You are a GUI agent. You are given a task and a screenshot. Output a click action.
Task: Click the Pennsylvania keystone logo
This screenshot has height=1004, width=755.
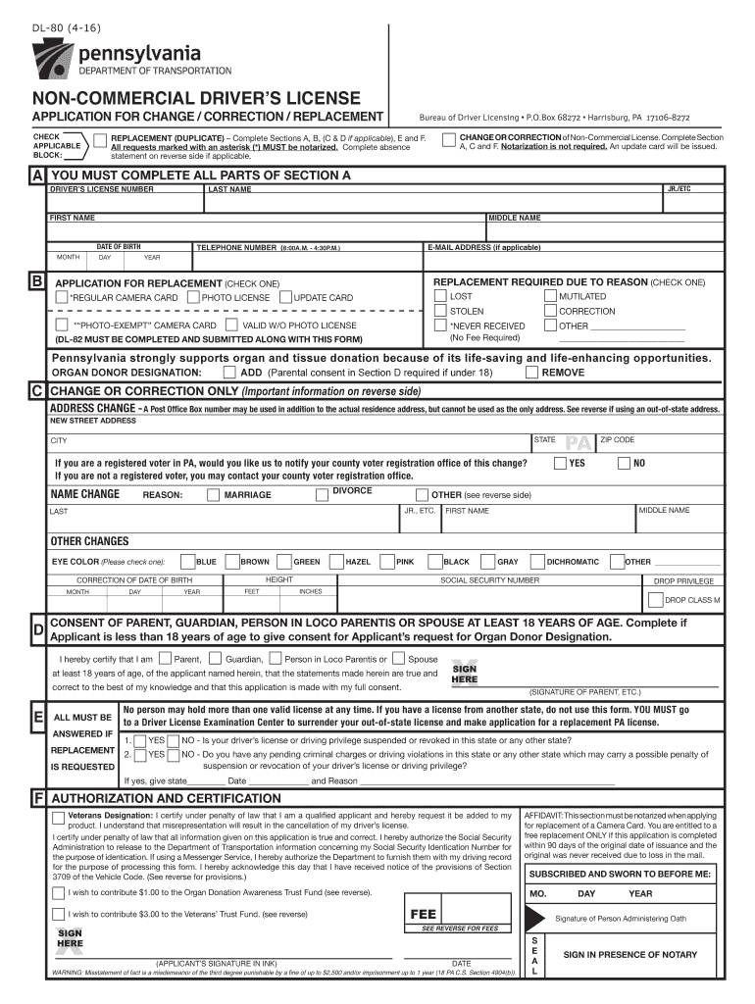pyautogui.click(x=56, y=60)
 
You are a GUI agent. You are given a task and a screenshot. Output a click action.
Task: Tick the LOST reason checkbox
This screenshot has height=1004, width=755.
pyautogui.click(x=440, y=296)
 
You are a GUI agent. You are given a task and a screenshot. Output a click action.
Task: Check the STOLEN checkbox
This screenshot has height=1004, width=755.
pyautogui.click(x=440, y=312)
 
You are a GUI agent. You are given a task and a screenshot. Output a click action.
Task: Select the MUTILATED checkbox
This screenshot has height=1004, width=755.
pyautogui.click(x=550, y=296)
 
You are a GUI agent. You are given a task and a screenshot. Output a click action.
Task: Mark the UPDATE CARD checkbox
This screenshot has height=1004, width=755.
pyautogui.click(x=286, y=297)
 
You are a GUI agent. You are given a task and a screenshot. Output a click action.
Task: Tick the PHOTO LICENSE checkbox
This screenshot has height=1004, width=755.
pyautogui.click(x=194, y=297)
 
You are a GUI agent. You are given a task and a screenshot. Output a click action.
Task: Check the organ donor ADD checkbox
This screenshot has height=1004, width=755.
pyautogui.click(x=229, y=373)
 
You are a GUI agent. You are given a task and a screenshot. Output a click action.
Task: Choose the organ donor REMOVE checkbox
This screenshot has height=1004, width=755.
pyautogui.click(x=531, y=373)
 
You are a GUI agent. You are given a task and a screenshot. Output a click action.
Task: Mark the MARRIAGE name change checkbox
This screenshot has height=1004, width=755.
pyautogui.click(x=214, y=495)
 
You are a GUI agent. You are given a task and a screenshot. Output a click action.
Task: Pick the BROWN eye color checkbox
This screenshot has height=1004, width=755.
pyautogui.click(x=232, y=562)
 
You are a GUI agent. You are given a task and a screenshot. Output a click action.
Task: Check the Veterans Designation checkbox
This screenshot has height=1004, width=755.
pyautogui.click(x=60, y=817)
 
